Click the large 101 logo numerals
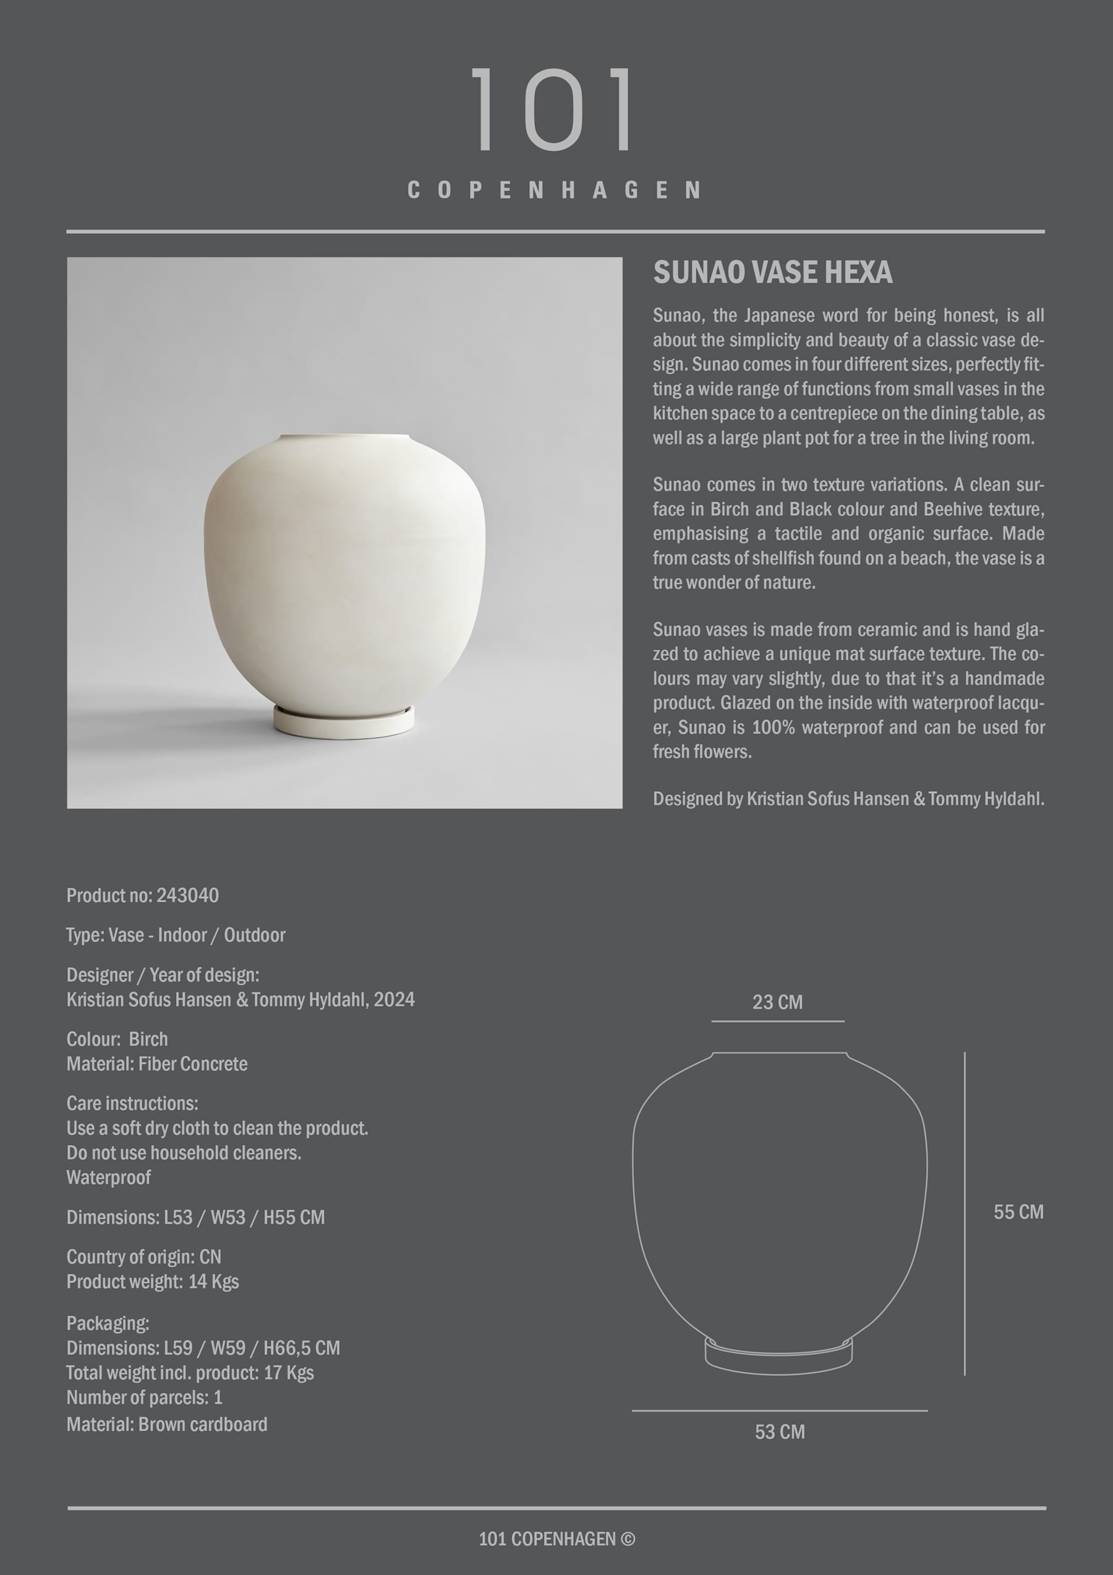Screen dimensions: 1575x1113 point(553,109)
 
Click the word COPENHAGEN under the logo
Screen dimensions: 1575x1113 point(554,190)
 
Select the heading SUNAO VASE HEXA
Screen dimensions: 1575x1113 point(772,272)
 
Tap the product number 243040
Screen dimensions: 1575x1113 point(187,895)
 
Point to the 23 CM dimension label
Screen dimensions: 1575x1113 point(777,1002)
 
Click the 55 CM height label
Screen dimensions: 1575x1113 point(1018,1212)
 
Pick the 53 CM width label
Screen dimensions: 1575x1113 point(780,1432)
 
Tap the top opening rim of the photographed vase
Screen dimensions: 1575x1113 point(344,436)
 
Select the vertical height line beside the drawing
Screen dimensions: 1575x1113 point(964,1214)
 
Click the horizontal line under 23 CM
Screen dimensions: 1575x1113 point(778,1021)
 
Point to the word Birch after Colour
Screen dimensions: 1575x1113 point(148,1039)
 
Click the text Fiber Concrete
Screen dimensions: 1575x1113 point(193,1064)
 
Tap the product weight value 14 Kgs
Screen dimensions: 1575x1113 point(213,1282)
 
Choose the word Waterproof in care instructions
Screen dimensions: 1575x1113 point(108,1178)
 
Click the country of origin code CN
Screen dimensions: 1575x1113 point(210,1258)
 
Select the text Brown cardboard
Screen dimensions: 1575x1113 point(202,1425)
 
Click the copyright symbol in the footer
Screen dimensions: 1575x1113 point(628,1539)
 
